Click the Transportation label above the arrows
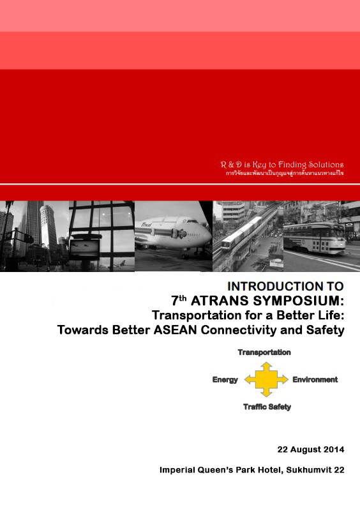(x=264, y=352)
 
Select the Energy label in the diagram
(x=225, y=380)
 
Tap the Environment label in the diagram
(x=315, y=380)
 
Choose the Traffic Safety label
(x=267, y=407)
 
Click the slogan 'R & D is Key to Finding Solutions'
(x=281, y=165)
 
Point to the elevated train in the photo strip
(x=243, y=234)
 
